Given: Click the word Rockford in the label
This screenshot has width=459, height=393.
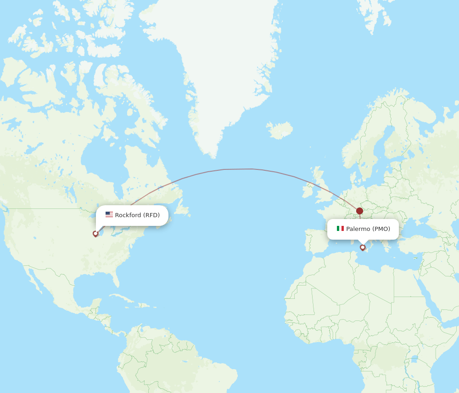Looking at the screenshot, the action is [x=128, y=215].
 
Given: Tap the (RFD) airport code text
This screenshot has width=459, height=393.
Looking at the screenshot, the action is [x=151, y=215].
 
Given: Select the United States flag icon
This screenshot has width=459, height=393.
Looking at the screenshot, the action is [x=109, y=215].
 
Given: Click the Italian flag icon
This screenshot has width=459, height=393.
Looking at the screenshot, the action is [x=340, y=229].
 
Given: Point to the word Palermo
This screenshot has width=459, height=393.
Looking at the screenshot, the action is [x=358, y=229].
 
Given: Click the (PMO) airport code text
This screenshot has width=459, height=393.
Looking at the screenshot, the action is [x=381, y=229].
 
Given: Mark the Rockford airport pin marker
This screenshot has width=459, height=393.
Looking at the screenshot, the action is [x=95, y=234].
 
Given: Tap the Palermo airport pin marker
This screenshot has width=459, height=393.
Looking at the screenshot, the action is [x=363, y=247].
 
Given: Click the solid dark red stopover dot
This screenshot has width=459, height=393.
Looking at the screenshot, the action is [x=359, y=211].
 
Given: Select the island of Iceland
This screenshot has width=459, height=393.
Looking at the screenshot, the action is [x=280, y=130].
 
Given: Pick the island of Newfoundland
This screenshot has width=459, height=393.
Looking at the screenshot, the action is [x=182, y=209].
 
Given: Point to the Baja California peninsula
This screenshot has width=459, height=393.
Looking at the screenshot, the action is [x=34, y=282].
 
